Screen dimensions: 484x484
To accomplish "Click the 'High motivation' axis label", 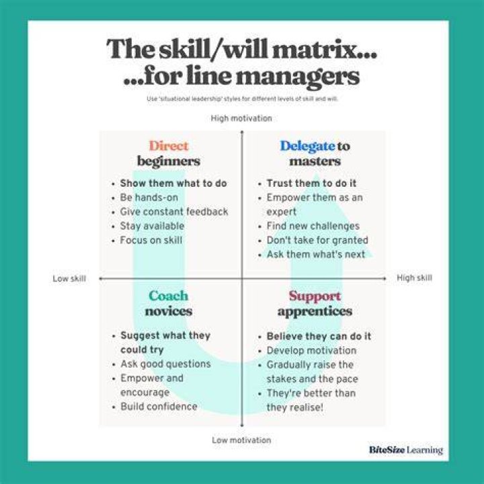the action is coord(241,118).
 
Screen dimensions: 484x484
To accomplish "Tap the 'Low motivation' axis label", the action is coord(241,440).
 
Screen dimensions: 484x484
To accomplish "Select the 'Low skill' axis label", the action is coord(69,278).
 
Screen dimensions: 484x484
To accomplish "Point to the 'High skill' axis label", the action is coord(414,278).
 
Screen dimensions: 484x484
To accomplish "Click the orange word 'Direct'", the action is coord(169,146).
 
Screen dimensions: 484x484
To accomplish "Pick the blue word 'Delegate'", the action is coord(307,147).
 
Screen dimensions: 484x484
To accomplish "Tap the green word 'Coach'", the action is coord(168,296).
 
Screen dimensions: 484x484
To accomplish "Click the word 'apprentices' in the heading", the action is coord(315,312).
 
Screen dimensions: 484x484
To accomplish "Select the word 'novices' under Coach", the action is coord(169,311).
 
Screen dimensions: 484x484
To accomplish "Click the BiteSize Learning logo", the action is coord(406,450).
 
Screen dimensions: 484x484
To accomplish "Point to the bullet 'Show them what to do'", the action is coord(173,184).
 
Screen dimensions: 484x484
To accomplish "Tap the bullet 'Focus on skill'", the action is coord(151,240).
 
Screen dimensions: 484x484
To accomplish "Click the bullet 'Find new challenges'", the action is coord(313,227).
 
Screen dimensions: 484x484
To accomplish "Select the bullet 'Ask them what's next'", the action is coord(316,254).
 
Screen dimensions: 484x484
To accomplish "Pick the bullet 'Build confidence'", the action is coord(159,407).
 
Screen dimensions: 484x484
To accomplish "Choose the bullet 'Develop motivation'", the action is coord(311,351).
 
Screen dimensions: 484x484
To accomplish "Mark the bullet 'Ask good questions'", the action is coord(166,364).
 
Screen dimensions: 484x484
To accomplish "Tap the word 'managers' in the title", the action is coord(298,77).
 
